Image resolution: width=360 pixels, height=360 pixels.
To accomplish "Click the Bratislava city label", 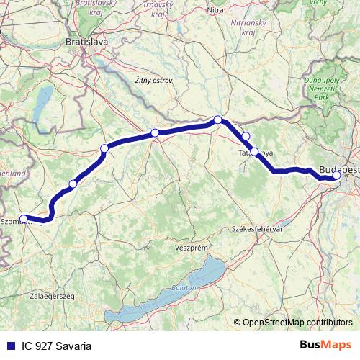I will point(86,42).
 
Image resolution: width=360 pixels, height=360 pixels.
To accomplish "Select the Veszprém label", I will point(192,246).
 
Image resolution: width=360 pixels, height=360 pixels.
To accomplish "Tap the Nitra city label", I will point(216,11).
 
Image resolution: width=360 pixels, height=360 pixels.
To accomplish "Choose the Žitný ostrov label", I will point(153,81).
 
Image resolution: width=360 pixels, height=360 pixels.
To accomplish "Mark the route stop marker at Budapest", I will point(337,175).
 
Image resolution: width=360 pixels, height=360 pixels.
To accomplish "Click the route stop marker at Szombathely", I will point(23,218).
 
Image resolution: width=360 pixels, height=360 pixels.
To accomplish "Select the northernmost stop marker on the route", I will point(217,120).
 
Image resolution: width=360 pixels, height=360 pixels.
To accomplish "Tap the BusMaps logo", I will point(325,346).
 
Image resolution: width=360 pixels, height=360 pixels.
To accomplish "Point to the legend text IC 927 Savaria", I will point(55,346).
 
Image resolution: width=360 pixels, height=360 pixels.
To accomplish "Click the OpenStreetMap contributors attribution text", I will point(297,323).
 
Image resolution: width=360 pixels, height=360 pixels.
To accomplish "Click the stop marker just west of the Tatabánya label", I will point(254,152).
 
